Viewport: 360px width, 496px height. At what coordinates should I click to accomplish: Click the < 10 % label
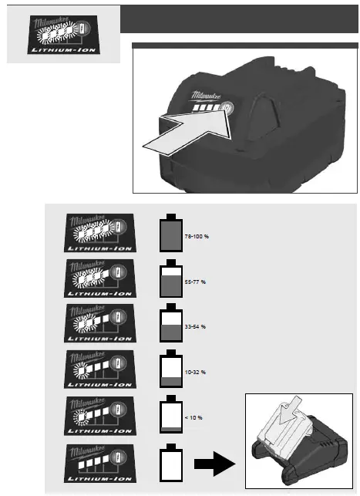[193, 417]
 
